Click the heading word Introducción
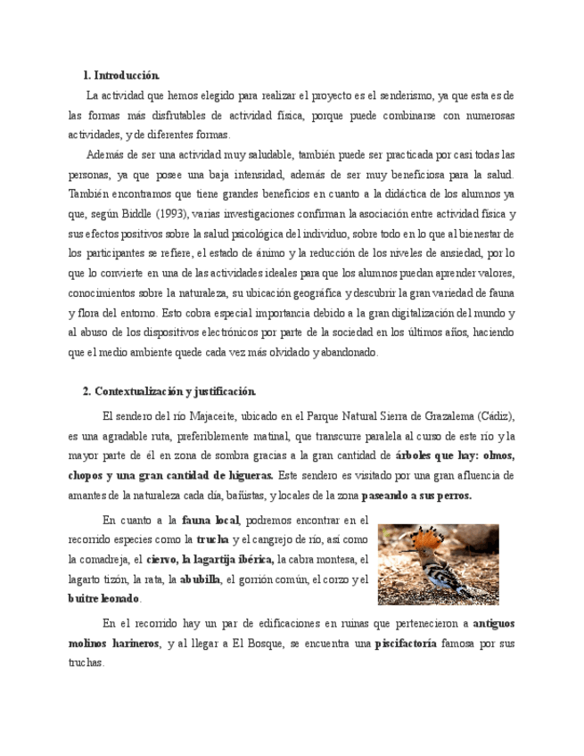127,76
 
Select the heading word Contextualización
137,391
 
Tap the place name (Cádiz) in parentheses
496,416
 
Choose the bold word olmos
496,456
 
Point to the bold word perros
451,495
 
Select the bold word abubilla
200,579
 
